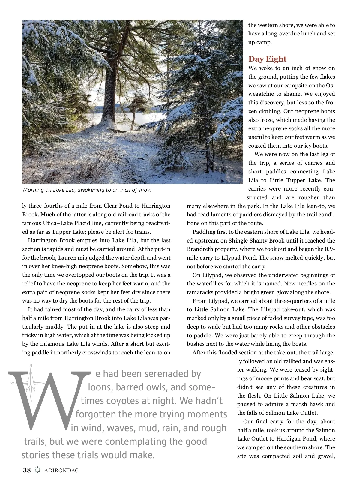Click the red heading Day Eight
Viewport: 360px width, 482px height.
pyautogui.click(x=267, y=59)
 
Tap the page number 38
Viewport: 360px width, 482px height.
pyautogui.click(x=27, y=470)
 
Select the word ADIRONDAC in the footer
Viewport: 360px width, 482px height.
pyautogui.click(x=61, y=471)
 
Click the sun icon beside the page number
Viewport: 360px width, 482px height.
pyautogui.click(x=37, y=470)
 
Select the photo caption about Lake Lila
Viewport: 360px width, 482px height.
pyautogui.click(x=87, y=190)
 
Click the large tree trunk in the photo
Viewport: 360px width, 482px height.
pyautogui.click(x=107, y=99)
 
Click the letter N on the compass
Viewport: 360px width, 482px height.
pyautogui.click(x=31, y=365)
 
